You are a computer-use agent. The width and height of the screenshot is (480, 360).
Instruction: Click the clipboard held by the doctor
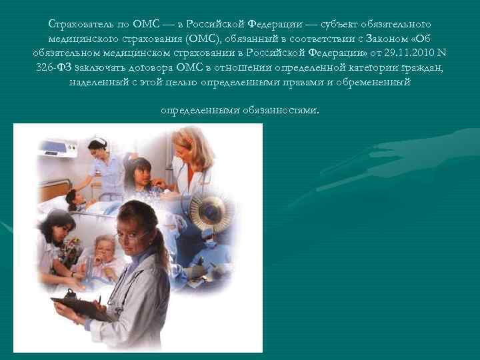(x=80, y=307)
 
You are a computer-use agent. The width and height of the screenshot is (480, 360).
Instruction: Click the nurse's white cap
(x=98, y=142)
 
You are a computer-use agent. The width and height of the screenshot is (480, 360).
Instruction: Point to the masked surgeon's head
(x=207, y=234)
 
